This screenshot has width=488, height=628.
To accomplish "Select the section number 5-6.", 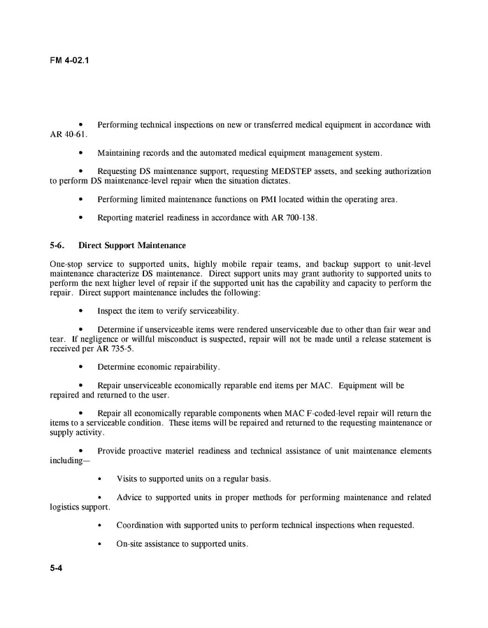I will (x=58, y=246).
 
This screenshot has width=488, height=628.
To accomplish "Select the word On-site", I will (x=129, y=544).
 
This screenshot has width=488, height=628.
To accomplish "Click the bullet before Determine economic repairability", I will (x=82, y=367).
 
